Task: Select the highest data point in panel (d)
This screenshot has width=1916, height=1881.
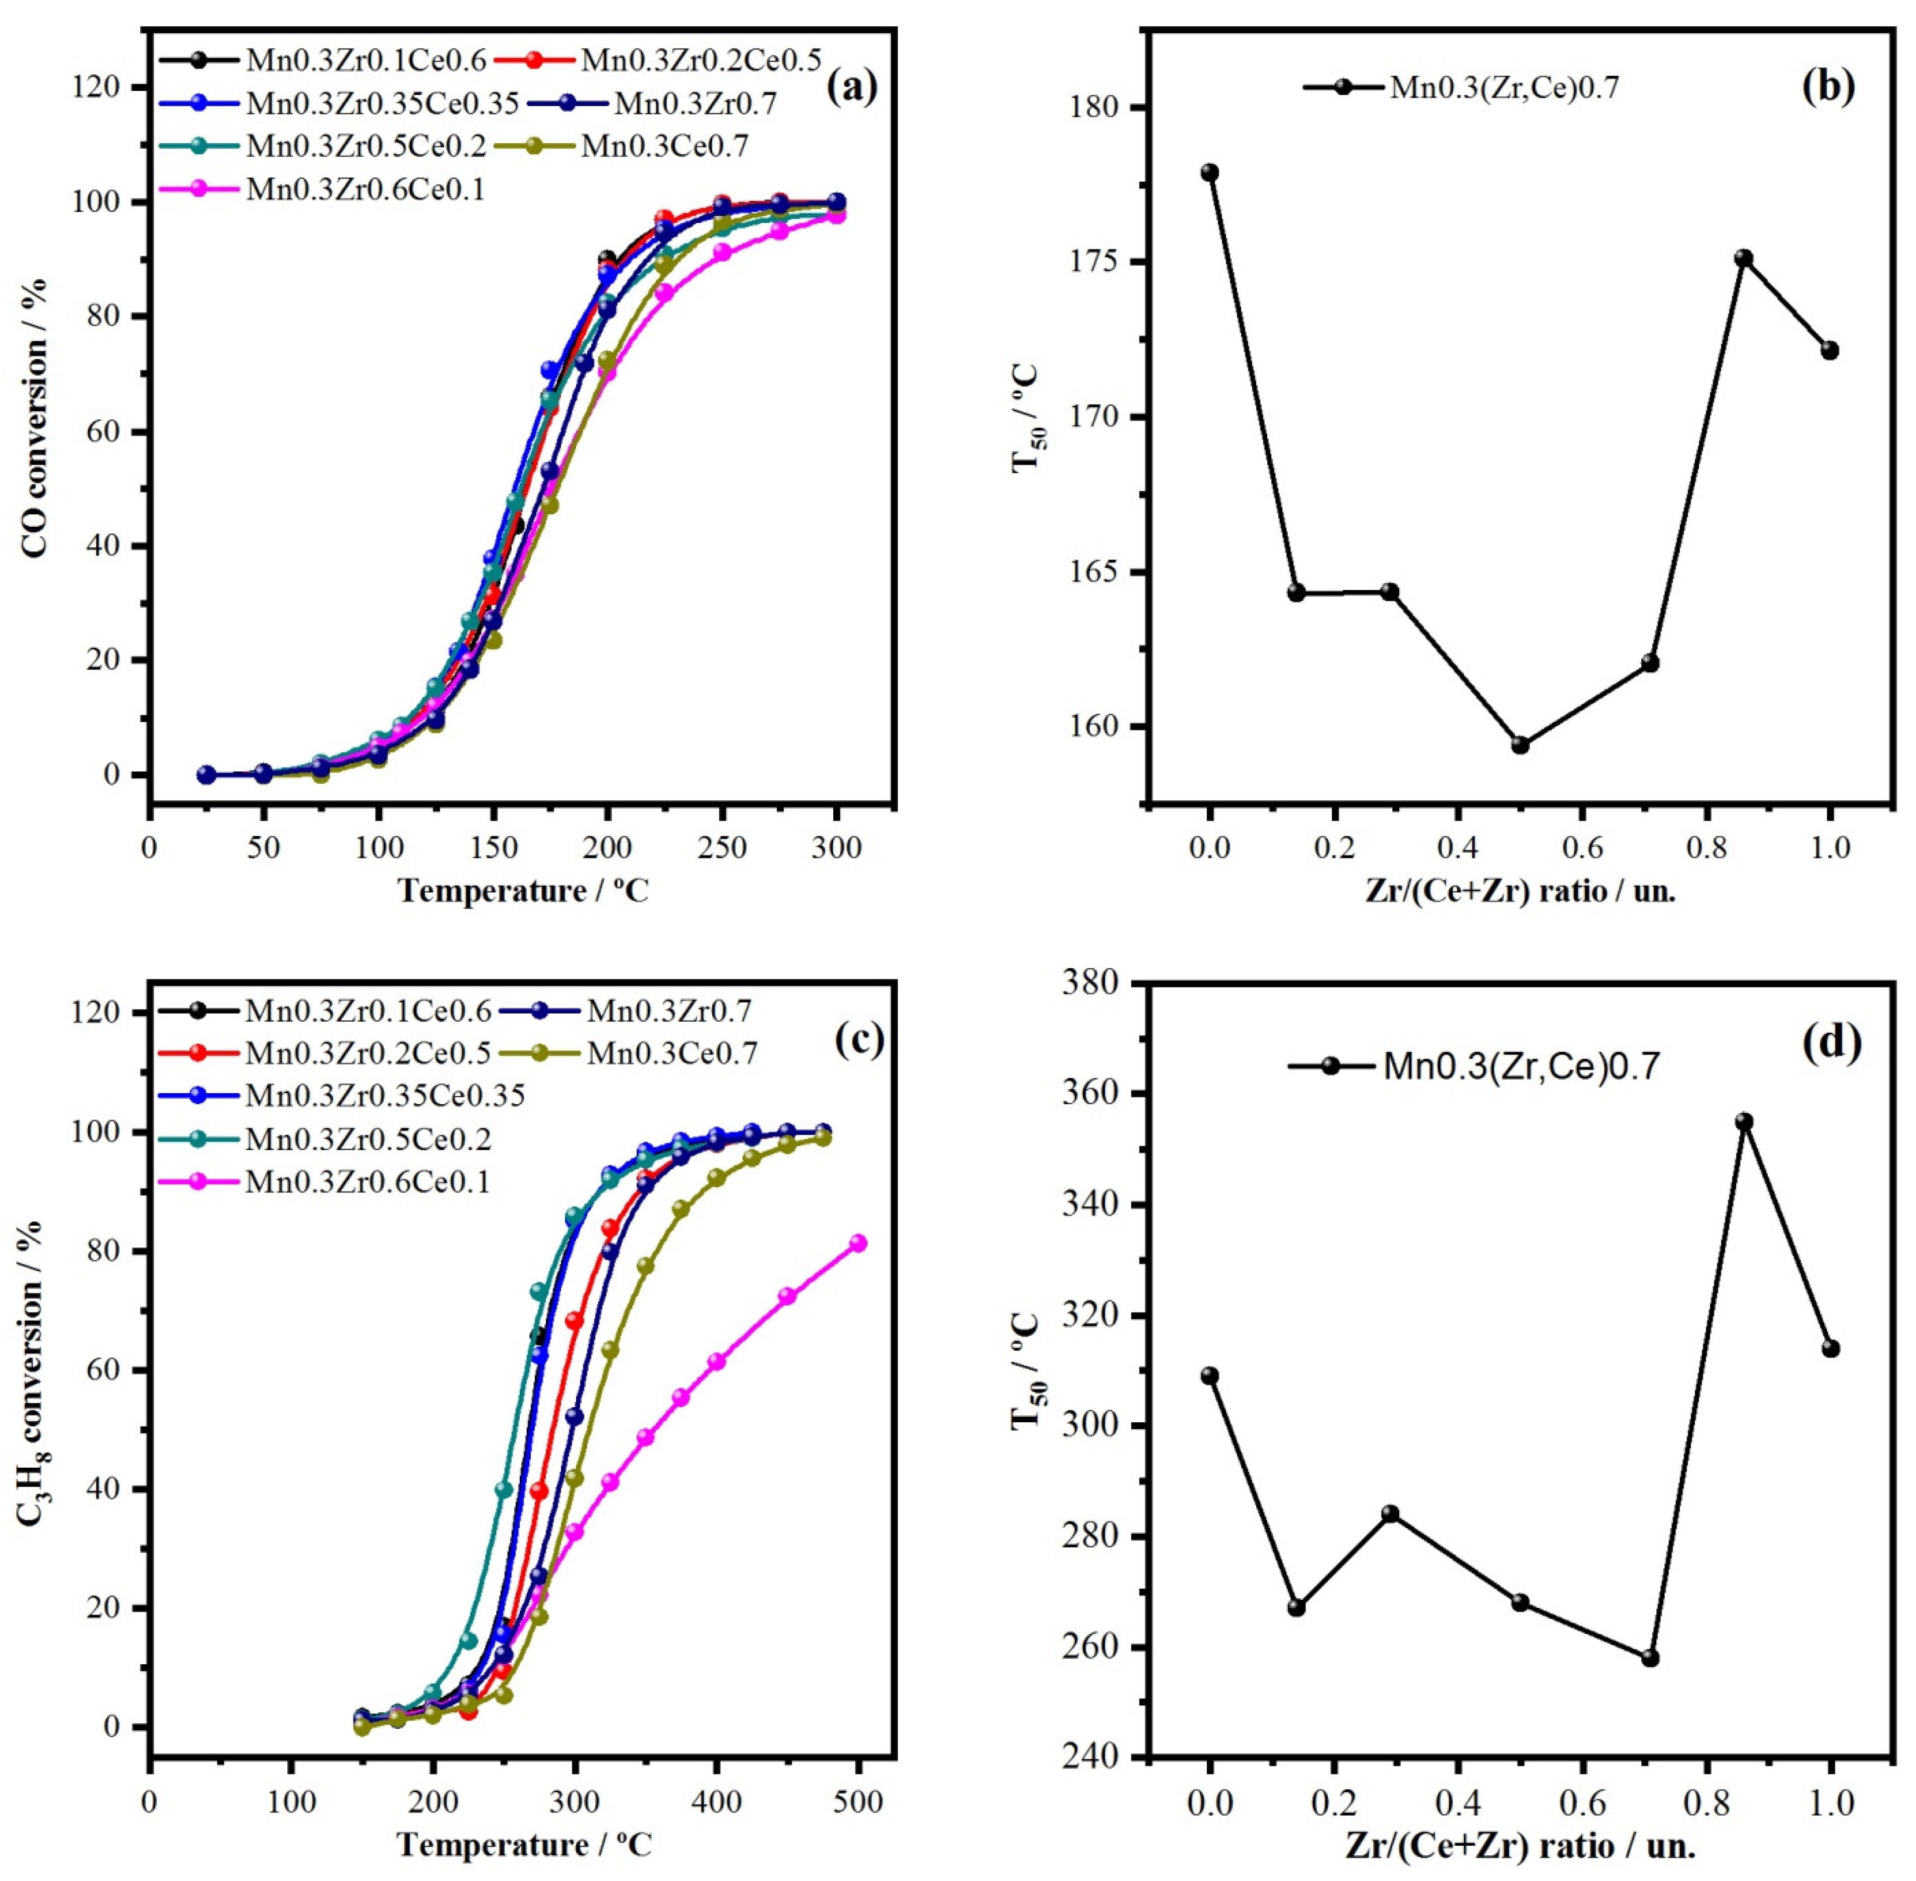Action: [x=1744, y=1121]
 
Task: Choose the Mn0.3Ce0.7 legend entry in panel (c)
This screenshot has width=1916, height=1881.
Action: [x=672, y=1053]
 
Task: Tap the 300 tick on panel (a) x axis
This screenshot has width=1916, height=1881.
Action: [x=836, y=848]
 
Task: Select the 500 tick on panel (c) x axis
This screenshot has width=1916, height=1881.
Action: [x=858, y=1801]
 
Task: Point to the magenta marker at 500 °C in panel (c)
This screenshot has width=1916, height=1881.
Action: [x=858, y=1243]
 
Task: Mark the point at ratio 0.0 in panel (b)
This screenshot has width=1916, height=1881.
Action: [x=1209, y=173]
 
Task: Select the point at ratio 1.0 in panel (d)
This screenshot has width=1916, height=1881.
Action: [x=1830, y=1349]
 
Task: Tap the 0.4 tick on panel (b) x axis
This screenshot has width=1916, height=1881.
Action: [x=1456, y=848]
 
